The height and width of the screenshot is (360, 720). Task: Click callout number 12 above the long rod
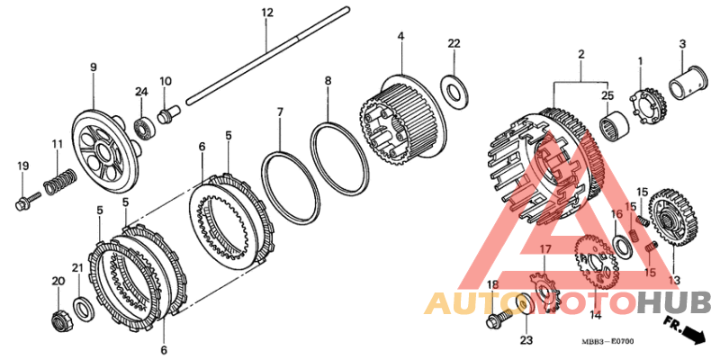(266, 13)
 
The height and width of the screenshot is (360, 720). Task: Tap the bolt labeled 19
(25, 200)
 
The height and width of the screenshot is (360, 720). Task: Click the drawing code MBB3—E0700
(607, 342)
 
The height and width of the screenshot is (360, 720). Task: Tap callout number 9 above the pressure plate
(93, 67)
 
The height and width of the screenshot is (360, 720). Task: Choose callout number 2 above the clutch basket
(580, 55)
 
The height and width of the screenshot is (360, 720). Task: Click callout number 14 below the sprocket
(595, 315)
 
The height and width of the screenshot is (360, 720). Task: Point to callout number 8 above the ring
(328, 81)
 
